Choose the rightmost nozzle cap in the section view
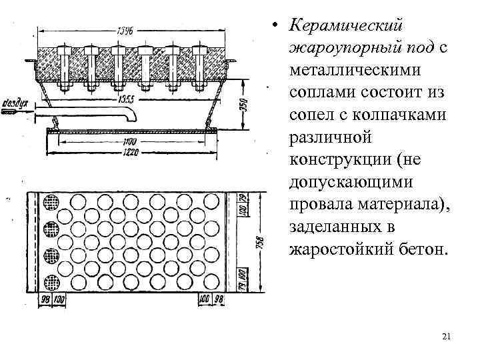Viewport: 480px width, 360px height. click(x=198, y=51)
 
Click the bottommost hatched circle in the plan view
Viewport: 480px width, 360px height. click(x=51, y=281)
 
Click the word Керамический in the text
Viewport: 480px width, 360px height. click(x=346, y=25)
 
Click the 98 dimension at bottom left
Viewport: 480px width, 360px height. click(x=44, y=300)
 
